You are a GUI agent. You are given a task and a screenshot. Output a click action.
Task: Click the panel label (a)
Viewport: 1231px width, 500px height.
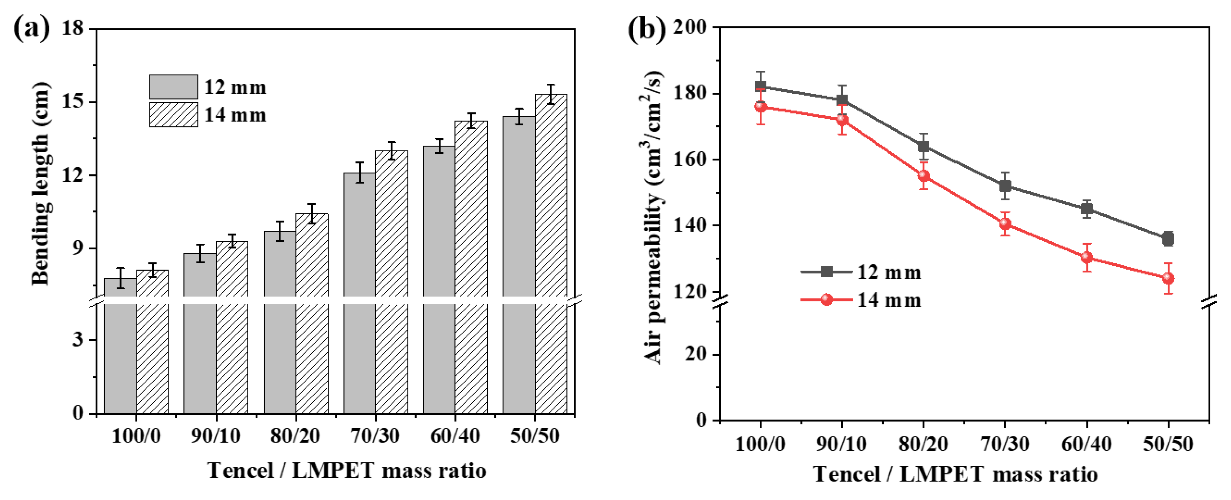(x=32, y=28)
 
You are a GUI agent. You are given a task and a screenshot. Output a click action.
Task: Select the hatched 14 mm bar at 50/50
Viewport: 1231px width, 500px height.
(x=551, y=254)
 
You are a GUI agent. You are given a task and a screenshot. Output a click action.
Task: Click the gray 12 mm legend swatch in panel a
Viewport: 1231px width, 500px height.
(x=173, y=86)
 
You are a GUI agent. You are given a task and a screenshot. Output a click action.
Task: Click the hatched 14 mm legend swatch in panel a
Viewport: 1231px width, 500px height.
(x=173, y=115)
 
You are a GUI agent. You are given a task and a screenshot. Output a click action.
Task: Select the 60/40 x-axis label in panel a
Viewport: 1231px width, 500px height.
(x=455, y=436)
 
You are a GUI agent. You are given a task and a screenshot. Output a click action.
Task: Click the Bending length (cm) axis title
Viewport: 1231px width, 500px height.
(x=40, y=184)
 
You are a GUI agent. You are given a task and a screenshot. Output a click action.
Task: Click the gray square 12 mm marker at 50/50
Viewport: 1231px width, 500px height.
(x=1168, y=238)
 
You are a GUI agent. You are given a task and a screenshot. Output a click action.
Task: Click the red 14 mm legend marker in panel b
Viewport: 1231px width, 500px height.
(x=827, y=300)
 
